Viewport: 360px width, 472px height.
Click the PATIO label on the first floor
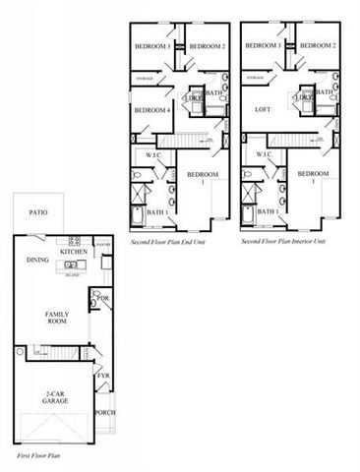click(x=37, y=211)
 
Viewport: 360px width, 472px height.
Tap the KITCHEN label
click(x=74, y=252)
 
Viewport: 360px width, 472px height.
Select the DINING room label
click(x=37, y=260)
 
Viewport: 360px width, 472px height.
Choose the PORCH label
click(x=104, y=412)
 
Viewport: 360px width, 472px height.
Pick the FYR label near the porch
click(x=102, y=376)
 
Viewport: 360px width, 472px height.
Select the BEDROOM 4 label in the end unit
click(x=151, y=109)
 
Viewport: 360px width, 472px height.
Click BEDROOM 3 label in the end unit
click(x=152, y=46)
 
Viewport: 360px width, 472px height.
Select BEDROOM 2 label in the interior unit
click(x=318, y=46)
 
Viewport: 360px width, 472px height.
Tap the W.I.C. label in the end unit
click(x=153, y=154)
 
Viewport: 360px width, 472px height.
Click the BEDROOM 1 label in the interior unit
click(x=315, y=178)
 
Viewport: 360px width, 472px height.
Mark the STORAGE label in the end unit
click(x=144, y=77)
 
